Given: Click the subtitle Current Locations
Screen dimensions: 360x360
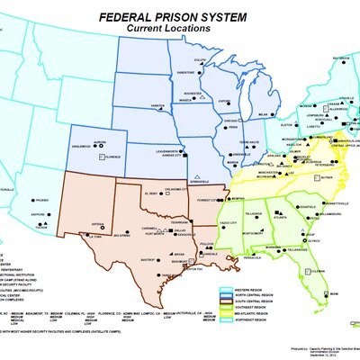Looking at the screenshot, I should click(168, 29).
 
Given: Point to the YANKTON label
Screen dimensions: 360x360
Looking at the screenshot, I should click(157, 104).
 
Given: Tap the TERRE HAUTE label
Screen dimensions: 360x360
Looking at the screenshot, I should click(250, 143).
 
